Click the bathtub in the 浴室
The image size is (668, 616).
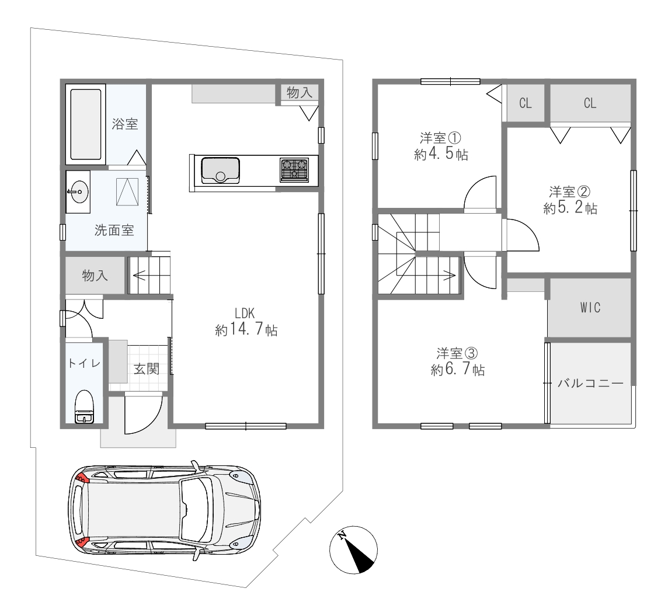tap(86, 124)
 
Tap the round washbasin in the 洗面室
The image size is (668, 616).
tap(78, 192)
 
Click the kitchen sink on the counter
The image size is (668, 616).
tap(220, 170)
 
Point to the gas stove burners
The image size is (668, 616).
tap(294, 169)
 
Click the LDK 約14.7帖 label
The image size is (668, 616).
tap(246, 322)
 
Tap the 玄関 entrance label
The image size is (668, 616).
tap(147, 369)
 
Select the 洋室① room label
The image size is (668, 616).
tap(441, 138)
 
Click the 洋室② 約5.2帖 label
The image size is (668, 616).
tap(570, 200)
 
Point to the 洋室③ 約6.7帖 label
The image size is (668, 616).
tap(458, 361)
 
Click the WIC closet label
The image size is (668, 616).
tap(590, 308)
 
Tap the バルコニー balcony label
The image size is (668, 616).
tap(590, 384)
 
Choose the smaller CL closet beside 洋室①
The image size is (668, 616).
tap(526, 103)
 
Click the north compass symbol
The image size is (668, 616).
tap(354, 549)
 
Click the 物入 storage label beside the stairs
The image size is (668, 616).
tap(95, 276)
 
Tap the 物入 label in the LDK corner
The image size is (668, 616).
tap(300, 92)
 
